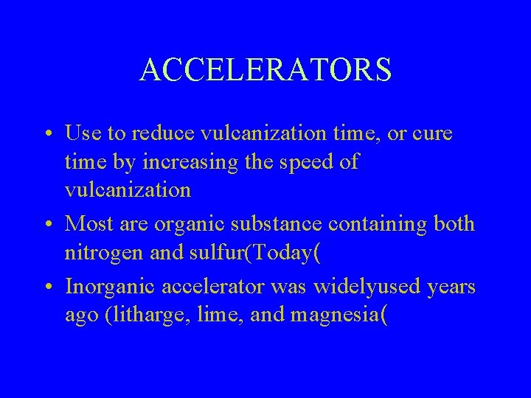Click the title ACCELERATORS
(265, 70)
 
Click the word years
(452, 285)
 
